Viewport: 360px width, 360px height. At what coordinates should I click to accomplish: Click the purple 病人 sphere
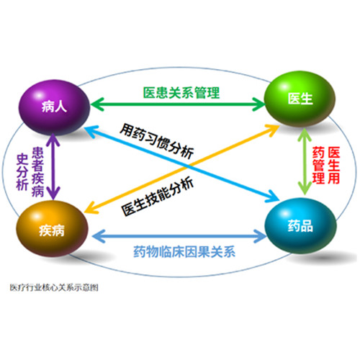54,107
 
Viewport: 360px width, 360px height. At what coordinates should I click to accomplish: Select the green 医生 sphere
300,99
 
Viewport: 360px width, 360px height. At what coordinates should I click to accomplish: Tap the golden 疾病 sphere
52,228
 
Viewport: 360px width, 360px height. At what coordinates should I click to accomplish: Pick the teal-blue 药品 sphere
301,225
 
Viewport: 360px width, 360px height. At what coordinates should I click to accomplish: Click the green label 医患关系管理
181,93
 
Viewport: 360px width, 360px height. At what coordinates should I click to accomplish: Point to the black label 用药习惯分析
157,140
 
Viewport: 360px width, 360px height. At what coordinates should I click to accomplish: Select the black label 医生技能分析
158,197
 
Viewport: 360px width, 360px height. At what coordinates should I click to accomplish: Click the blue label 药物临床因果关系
184,252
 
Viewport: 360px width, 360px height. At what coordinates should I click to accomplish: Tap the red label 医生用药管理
326,166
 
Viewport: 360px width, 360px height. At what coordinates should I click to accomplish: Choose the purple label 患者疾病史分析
30,172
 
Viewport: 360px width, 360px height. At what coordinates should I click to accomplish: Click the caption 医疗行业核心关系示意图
54,287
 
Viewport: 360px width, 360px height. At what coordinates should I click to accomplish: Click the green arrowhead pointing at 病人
97,104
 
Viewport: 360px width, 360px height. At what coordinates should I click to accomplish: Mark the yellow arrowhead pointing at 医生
272,130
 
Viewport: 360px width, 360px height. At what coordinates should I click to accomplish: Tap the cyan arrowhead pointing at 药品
272,197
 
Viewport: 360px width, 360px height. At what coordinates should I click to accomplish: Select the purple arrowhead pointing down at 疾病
53,194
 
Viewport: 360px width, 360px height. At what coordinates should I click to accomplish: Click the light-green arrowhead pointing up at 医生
305,135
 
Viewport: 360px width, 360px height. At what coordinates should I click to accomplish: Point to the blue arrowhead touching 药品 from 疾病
260,236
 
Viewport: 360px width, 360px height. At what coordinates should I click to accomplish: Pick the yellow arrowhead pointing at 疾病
91,208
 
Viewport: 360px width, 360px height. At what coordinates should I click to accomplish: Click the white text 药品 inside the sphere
300,226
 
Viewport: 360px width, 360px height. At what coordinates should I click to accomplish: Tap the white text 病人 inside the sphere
54,107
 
